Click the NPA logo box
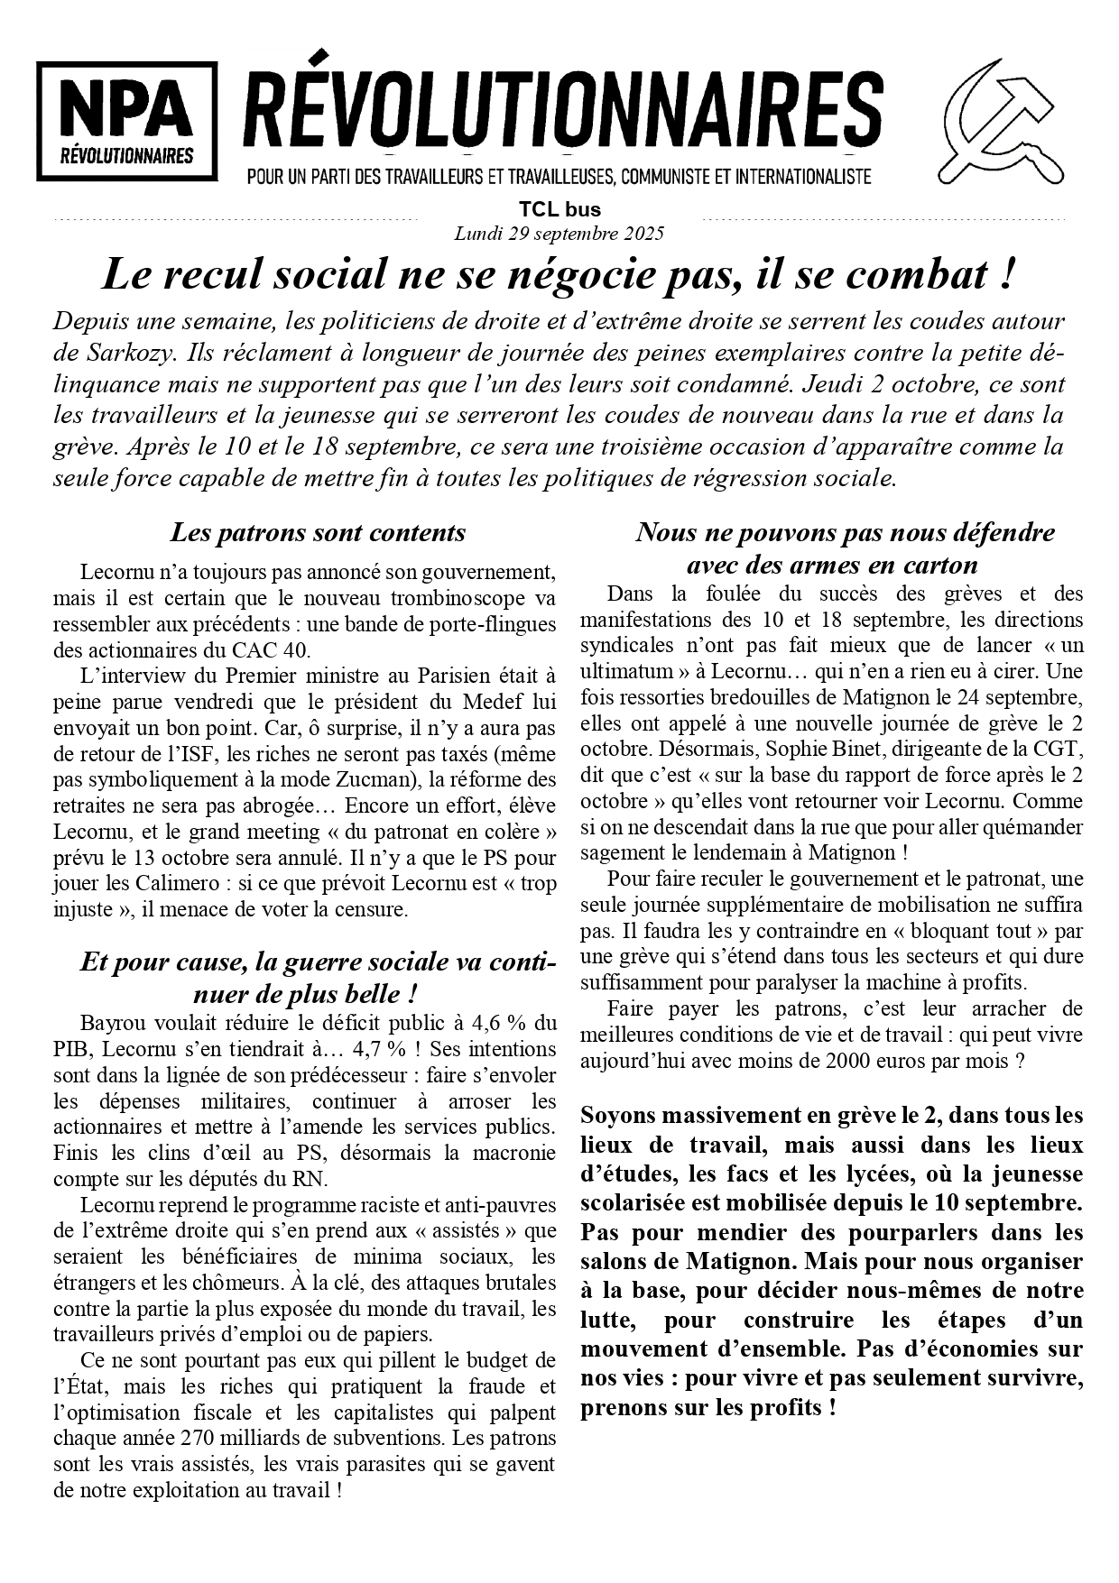127,121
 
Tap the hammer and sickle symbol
1000,121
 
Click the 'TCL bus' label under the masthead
559,210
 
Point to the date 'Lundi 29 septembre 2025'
559,234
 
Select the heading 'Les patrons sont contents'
318,532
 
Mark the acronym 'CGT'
1063,749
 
